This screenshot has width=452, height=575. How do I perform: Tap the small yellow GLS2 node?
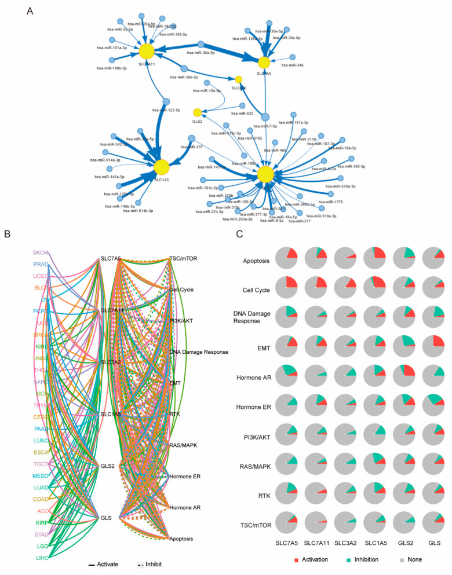pyautogui.click(x=197, y=112)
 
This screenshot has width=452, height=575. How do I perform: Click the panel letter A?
pyautogui.click(x=30, y=10)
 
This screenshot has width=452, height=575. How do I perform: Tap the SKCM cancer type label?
pyautogui.click(x=41, y=252)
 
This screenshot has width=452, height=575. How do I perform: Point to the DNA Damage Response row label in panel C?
pyautogui.click(x=241, y=317)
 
